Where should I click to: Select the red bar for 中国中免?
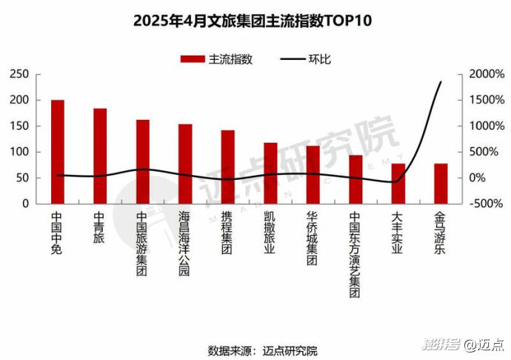click(57, 151)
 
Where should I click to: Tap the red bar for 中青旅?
click(100, 156)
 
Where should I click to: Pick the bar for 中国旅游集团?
click(142, 161)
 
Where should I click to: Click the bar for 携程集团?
click(227, 167)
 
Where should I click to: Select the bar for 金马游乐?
click(441, 184)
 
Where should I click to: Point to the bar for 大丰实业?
click(398, 184)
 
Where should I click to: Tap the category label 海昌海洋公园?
click(184, 244)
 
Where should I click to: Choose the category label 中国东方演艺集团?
click(355, 255)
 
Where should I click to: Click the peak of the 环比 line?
click(441, 82)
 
